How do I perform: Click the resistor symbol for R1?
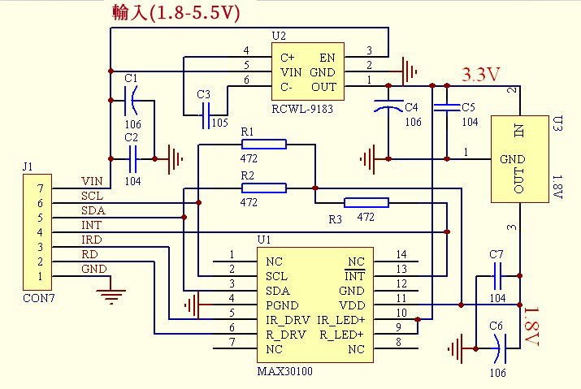tap(263, 145)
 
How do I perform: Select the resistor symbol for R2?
tap(263, 188)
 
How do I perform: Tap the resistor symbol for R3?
tap(366, 203)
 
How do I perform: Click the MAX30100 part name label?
tap(284, 371)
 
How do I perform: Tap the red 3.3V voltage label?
tap(480, 75)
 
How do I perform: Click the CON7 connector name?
tap(36, 298)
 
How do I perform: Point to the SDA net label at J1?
tap(93, 210)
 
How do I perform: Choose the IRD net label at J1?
tap(92, 240)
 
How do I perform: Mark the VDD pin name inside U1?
tap(351, 305)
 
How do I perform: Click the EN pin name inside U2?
tap(327, 58)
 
